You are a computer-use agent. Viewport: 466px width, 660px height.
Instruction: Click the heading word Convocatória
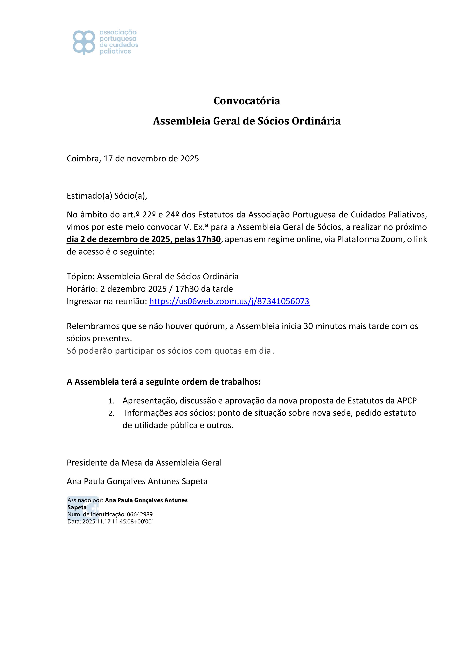tap(247, 101)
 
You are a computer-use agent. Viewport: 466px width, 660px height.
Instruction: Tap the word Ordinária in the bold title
tap(316, 121)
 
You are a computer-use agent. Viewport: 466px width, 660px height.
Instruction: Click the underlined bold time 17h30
tap(208, 239)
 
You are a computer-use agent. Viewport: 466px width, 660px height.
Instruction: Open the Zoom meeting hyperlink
tap(229, 301)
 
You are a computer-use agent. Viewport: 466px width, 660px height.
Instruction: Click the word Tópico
tap(80, 276)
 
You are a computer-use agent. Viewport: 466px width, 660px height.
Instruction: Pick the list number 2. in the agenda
tap(111, 414)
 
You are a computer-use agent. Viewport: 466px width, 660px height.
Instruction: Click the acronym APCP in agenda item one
tap(407, 400)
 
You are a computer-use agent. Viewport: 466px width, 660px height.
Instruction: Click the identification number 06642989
tap(140, 515)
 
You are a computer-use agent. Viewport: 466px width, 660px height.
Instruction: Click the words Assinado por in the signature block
tap(85, 501)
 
